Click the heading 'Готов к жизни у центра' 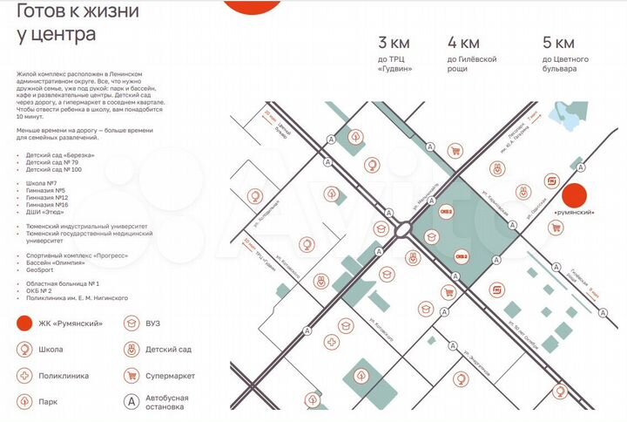click(56, 24)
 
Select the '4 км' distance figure click(463, 42)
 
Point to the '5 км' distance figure click(558, 42)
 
